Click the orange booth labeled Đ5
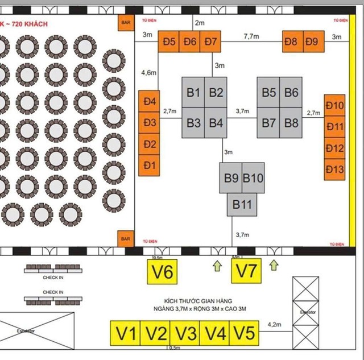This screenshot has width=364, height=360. [x=168, y=42]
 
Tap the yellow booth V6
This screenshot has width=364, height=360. [x=162, y=272]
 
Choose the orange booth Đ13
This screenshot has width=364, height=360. [x=335, y=169]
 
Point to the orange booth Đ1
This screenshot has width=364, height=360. [x=150, y=165]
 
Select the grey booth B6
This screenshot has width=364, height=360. [x=291, y=92]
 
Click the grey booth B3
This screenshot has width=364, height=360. [x=193, y=122]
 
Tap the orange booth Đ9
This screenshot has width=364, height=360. [x=311, y=42]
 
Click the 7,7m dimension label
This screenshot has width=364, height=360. [x=252, y=36]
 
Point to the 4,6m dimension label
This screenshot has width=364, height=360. [x=148, y=73]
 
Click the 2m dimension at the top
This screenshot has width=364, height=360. [x=199, y=23]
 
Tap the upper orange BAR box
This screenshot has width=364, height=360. [x=126, y=22]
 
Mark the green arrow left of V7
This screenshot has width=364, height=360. [x=216, y=264]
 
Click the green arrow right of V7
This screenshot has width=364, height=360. [x=274, y=264]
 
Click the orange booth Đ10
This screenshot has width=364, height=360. [x=335, y=106]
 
